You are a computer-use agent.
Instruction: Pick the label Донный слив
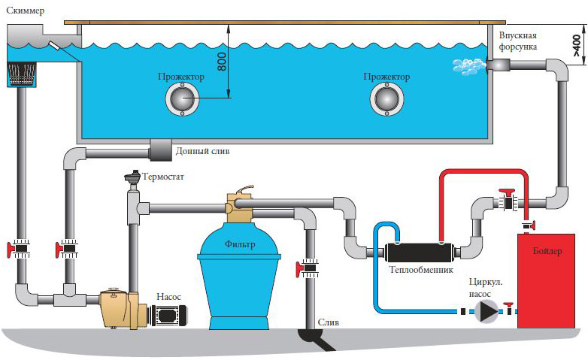[202, 150]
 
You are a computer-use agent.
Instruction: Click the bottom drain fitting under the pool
[161, 150]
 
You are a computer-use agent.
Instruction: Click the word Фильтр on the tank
[239, 244]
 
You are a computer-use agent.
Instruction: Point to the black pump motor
[170, 316]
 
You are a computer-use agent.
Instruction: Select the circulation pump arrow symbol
[489, 309]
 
